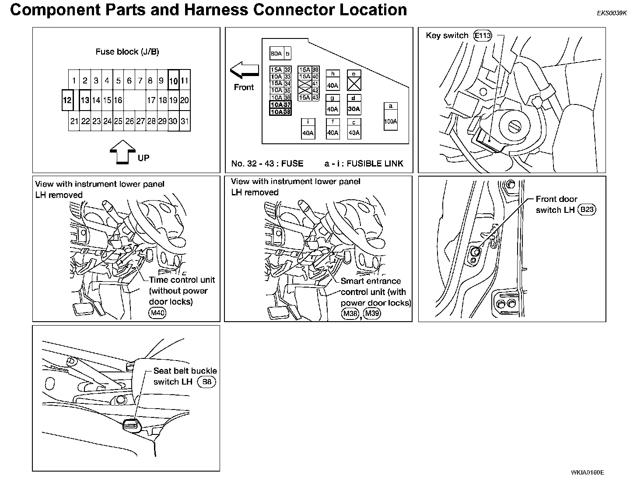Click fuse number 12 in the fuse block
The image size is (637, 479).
(67, 101)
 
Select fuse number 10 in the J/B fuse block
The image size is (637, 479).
(173, 80)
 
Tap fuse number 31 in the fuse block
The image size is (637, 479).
(185, 121)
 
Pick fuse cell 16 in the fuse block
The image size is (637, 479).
(118, 101)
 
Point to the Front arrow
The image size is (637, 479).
(244, 70)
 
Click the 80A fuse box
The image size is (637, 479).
(276, 54)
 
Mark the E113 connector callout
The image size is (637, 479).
(483, 36)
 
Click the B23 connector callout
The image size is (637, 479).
(586, 210)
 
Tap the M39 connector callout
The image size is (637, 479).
(372, 313)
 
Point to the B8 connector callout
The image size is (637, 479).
(207, 382)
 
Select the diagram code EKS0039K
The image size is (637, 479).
(612, 13)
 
